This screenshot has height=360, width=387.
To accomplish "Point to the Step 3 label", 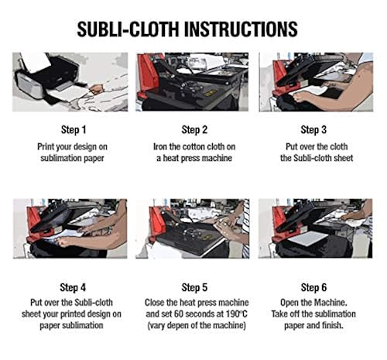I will point(314,129).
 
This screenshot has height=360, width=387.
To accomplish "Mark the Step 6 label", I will point(314,287).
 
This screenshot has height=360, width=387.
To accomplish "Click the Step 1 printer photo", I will point(70,82).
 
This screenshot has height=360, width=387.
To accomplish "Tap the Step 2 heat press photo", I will point(192,82).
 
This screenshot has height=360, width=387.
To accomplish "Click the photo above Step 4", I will point(70,228).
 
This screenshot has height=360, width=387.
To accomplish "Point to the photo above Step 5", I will point(192,228).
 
